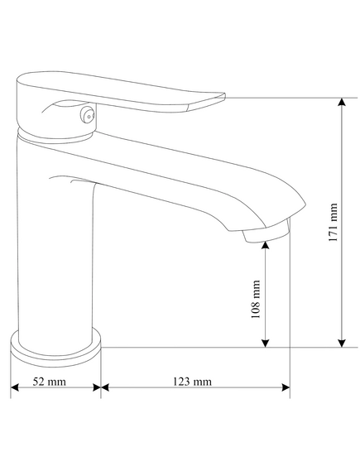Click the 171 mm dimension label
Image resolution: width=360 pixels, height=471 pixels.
tap(334, 223)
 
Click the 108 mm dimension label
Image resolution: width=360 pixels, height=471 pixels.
tap(256, 299)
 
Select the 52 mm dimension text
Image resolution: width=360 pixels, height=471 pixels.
tap(49, 382)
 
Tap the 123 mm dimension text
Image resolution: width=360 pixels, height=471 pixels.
tap(192, 382)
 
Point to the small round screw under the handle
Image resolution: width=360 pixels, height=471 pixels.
tap(88, 115)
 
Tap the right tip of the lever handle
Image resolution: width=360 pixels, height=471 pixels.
tap(224, 95)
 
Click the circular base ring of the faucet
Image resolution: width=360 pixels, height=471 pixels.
tap(55, 348)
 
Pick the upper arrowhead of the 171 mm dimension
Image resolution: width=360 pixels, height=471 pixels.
tap(342, 102)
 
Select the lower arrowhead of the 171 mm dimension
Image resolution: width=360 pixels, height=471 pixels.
tap(342, 343)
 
